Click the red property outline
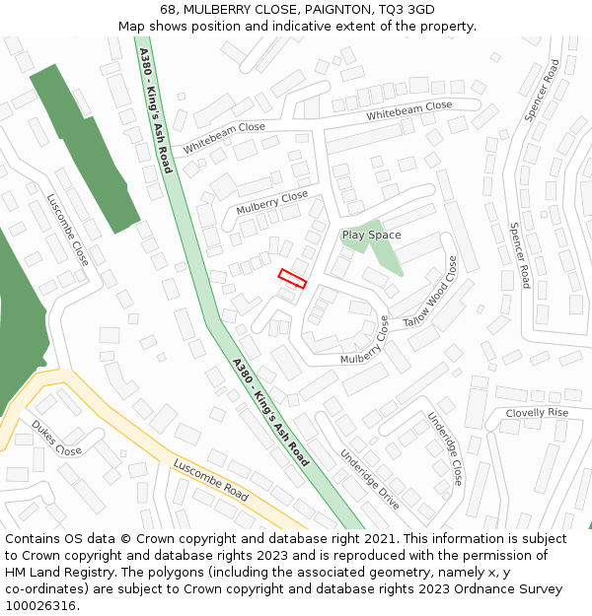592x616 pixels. [292, 278]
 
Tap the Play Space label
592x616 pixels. [371, 235]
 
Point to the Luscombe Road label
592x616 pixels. [210, 479]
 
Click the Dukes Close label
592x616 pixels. [56, 438]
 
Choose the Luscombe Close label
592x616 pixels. [68, 230]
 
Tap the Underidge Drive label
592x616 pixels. [370, 479]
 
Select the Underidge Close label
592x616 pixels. [444, 448]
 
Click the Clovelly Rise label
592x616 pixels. [537, 412]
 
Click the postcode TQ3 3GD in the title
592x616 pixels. [402, 10]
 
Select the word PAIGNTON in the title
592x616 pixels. [326, 10]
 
